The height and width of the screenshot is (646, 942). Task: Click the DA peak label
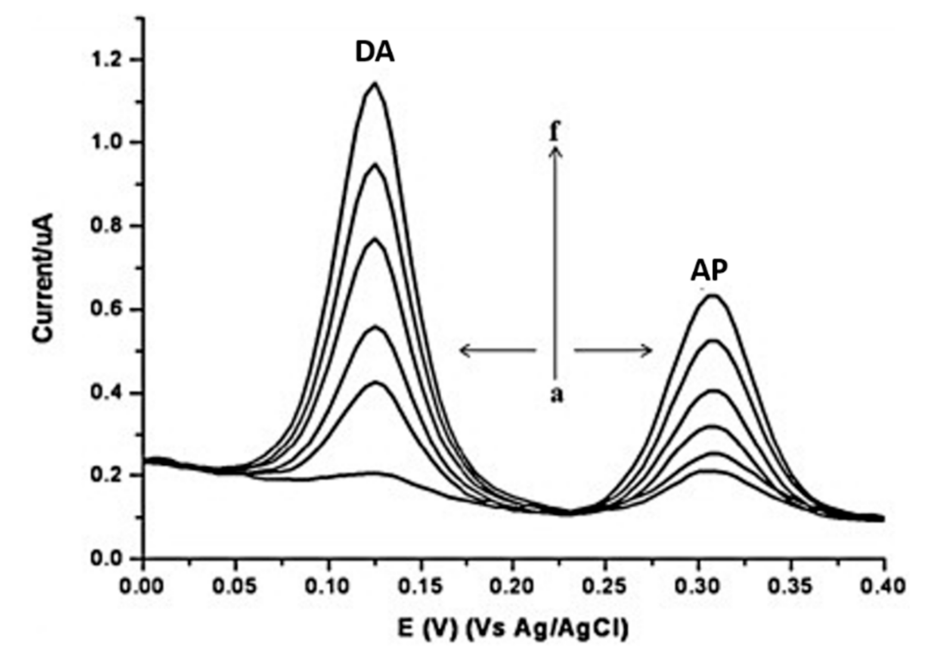coord(375,52)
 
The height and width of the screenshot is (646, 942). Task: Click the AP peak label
coord(709,271)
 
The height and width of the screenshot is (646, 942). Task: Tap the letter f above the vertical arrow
coord(555,131)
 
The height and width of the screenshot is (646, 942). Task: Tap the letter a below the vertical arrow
coord(557,394)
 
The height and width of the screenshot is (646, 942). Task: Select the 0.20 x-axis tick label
coord(512,586)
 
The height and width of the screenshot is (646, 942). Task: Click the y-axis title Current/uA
coord(43,277)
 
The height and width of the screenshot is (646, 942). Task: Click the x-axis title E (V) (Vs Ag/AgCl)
coord(512,628)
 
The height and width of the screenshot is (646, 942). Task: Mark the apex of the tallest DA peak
coord(375,83)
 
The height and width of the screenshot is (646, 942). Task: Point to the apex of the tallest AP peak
coord(713,295)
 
